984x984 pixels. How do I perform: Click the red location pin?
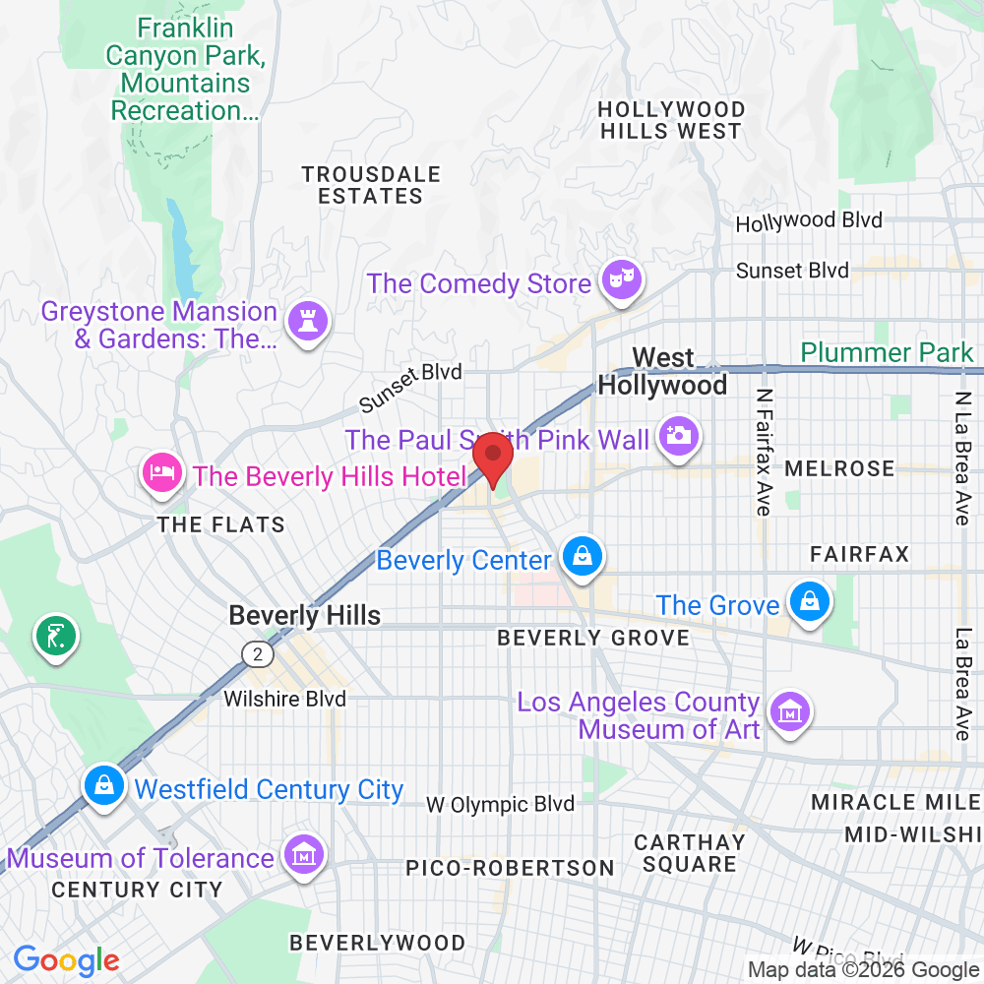[493, 459]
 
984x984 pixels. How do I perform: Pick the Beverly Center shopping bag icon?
[583, 557]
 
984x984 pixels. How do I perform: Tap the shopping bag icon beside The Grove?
[809, 601]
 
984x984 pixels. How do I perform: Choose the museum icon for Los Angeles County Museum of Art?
[788, 710]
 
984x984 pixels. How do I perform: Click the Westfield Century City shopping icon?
[103, 785]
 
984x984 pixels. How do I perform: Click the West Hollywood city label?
[662, 371]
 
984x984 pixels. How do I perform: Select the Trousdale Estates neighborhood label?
[371, 185]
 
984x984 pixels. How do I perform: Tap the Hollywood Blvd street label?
[809, 221]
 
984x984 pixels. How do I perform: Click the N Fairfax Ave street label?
[764, 451]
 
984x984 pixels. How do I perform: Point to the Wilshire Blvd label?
[284, 699]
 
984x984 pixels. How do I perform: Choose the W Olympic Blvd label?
[500, 804]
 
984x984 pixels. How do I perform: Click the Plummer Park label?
[886, 352]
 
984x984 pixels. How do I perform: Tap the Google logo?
[67, 959]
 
